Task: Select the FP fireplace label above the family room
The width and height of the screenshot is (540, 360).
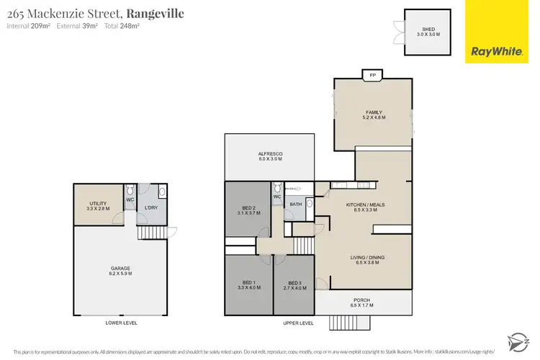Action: click(372, 75)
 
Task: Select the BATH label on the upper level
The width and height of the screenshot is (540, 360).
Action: click(295, 204)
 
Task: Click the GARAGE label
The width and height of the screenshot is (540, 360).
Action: click(120, 270)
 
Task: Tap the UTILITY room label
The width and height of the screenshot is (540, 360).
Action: click(99, 205)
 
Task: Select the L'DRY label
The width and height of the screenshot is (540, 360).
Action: click(151, 209)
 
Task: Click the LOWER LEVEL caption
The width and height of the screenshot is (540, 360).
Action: click(121, 323)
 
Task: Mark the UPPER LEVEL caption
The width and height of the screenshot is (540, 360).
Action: click(298, 323)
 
